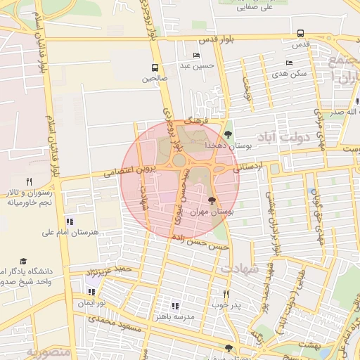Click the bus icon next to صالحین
(x=154, y=68)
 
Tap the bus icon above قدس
(x=301, y=33)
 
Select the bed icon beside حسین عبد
(x=196, y=56)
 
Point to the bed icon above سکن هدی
(x=289, y=63)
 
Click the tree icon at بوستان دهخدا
(x=228, y=134)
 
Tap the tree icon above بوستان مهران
(x=213, y=201)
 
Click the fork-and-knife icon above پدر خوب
(x=226, y=294)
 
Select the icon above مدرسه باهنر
(x=175, y=306)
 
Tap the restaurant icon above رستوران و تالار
(x=29, y=181)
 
